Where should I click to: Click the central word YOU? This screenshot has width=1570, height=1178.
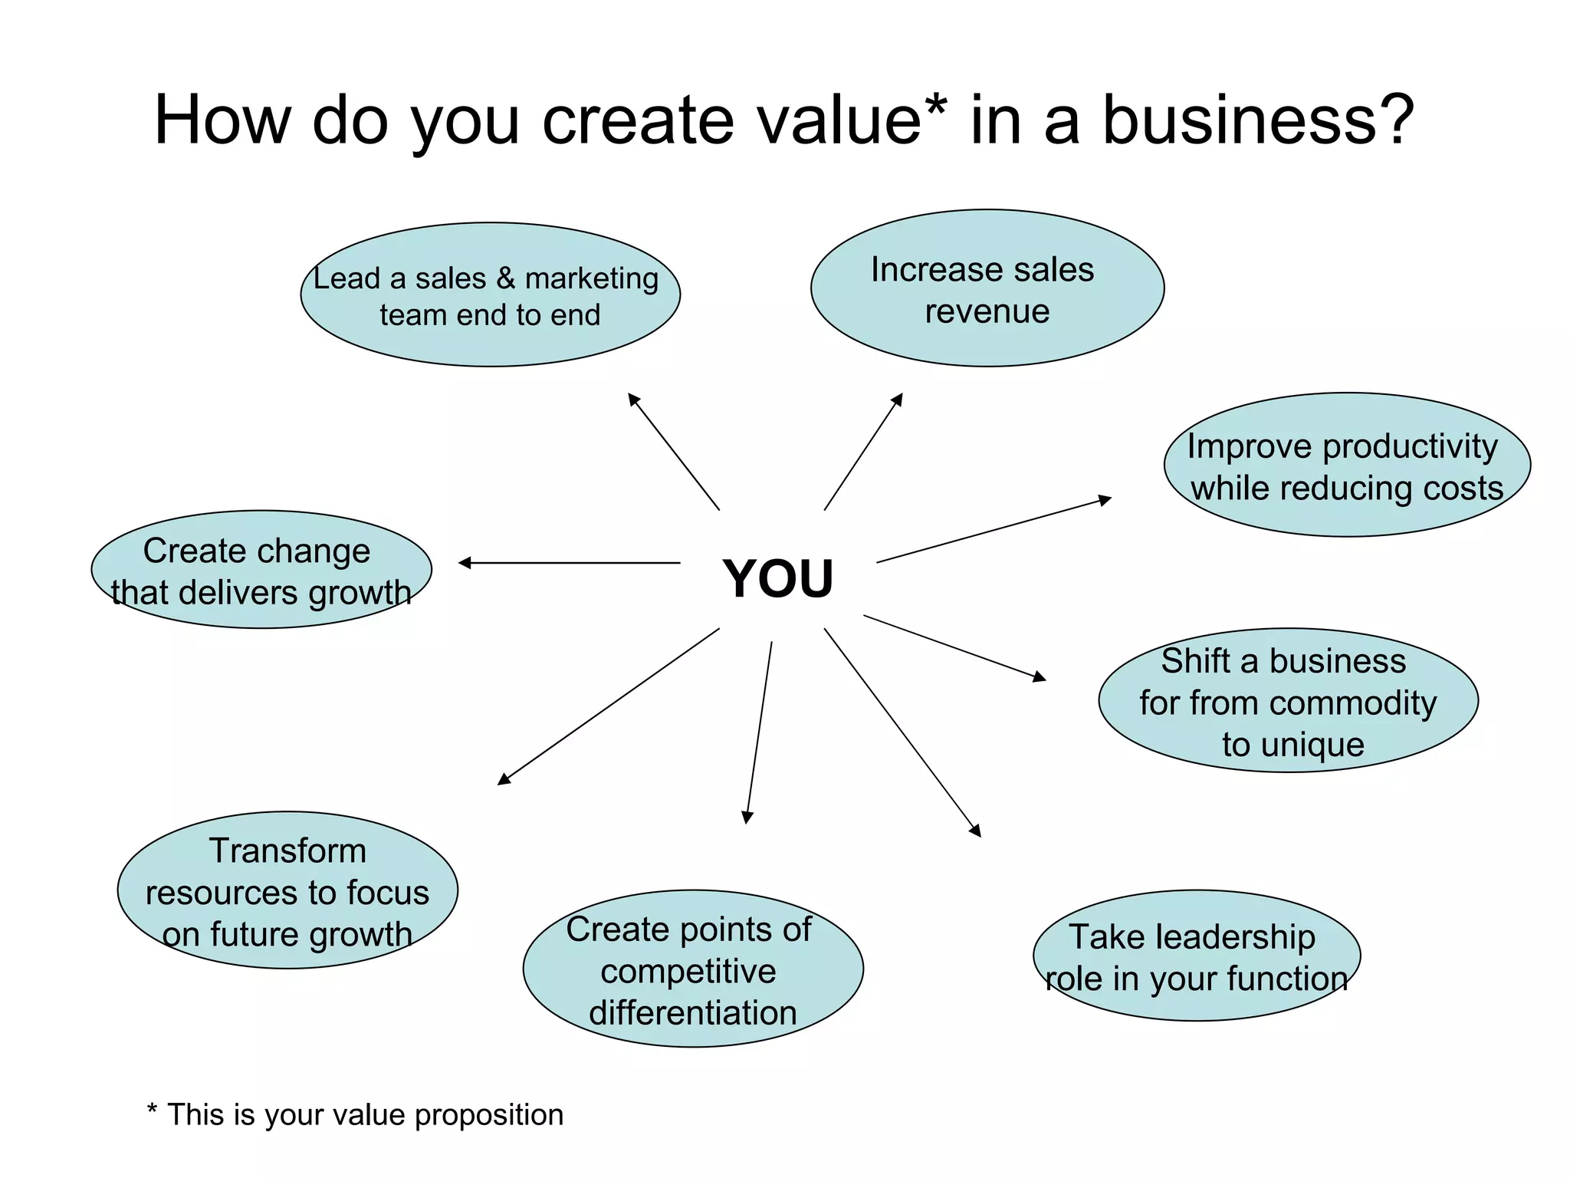coord(777,578)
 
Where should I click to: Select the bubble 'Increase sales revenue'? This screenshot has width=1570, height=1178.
coord(987,288)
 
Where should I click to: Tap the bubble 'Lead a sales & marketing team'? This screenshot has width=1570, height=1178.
coord(490,294)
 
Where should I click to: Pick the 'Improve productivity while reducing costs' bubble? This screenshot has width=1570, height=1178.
coord(1347,465)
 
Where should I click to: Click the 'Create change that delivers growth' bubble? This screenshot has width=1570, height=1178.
coord(261,570)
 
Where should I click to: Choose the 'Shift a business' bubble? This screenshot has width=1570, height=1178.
coord(1288,700)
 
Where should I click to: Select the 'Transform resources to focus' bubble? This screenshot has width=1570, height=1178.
coord(287,890)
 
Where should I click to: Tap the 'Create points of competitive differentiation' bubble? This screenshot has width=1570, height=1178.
coord(693,969)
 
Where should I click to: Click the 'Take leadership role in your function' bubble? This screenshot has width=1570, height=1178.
coord(1197,956)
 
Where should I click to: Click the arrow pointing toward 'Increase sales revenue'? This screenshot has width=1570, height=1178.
coord(863,452)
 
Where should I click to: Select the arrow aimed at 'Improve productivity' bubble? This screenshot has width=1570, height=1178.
coord(994,530)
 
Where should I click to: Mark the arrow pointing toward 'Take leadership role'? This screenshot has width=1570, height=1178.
coord(902,732)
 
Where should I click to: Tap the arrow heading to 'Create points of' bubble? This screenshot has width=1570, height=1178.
coord(759,732)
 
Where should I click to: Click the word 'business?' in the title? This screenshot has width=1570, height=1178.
coord(1257,120)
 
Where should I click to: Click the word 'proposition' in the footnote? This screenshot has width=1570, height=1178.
coord(488,1115)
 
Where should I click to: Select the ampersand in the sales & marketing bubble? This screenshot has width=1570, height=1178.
coord(505,278)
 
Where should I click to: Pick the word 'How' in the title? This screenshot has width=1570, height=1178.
coord(222,120)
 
